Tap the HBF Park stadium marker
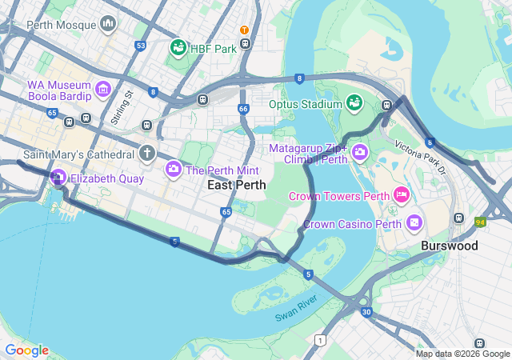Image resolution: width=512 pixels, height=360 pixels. click(x=178, y=49)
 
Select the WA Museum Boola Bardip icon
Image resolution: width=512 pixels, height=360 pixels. click(x=103, y=90)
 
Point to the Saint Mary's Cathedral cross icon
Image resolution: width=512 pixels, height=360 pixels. click(x=146, y=153)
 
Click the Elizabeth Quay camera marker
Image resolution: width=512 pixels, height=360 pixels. click(x=58, y=178)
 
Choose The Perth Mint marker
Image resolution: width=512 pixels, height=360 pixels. click(x=173, y=170)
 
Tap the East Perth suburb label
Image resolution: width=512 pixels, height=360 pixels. click(x=236, y=185)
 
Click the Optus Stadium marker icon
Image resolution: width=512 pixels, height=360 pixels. click(x=354, y=103)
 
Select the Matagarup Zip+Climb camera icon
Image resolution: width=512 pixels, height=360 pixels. click(x=359, y=150)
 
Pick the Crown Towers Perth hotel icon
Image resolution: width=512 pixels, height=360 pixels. click(x=402, y=195)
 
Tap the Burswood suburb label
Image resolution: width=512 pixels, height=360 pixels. click(x=449, y=246)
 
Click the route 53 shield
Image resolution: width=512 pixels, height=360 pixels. click(x=141, y=46)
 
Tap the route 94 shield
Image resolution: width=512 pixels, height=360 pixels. click(x=480, y=222)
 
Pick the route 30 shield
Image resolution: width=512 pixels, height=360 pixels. click(x=366, y=311)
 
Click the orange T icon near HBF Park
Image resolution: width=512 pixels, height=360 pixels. click(x=244, y=30)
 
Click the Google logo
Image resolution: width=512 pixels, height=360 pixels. click(x=26, y=350)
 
